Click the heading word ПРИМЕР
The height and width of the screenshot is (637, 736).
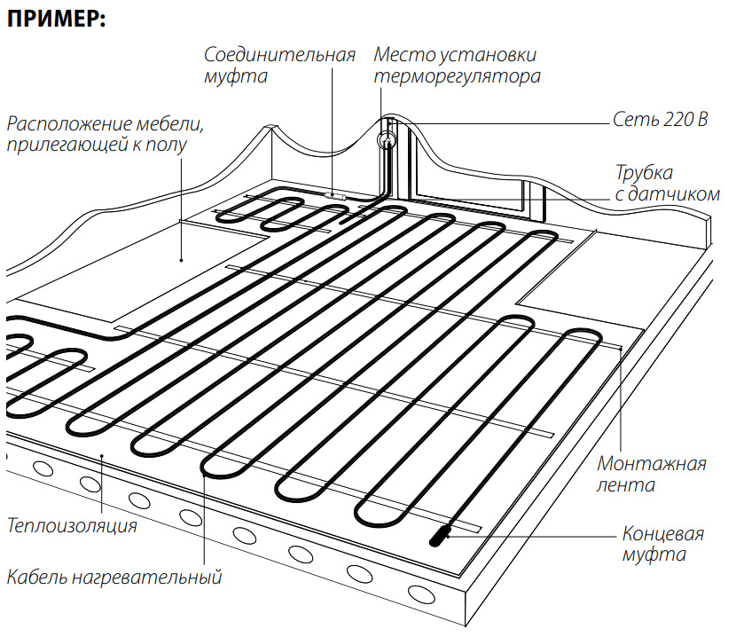(56, 20)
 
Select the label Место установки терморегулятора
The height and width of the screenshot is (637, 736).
(457, 66)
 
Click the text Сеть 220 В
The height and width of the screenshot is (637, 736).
(660, 120)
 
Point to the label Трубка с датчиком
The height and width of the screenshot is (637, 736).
(667, 183)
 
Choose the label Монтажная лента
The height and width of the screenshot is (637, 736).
(652, 474)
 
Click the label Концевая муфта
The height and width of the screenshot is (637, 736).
(663, 545)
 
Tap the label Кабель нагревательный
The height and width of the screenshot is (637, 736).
(114, 578)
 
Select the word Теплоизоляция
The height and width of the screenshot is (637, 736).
(72, 526)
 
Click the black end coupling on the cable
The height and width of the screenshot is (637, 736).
(441, 534)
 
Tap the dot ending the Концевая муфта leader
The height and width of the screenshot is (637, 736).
(449, 534)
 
